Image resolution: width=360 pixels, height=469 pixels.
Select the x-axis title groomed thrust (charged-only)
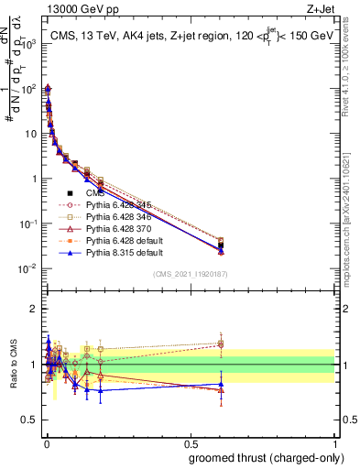pos(266,457)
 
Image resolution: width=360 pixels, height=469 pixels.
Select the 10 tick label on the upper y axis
pos(27,133)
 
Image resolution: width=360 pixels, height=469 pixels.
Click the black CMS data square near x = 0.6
pos(221,245)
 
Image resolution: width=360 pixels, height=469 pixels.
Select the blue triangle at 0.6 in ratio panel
pos(221,385)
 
